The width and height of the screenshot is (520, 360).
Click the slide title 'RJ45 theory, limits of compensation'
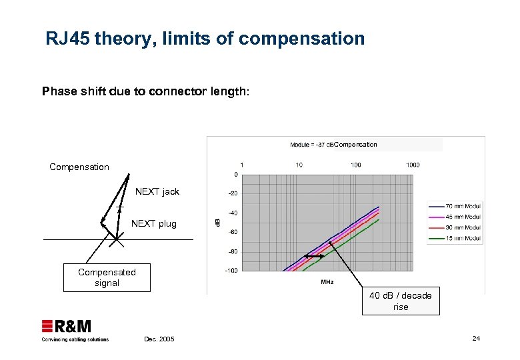pos(205,39)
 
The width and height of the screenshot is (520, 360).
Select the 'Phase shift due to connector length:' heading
pos(146,92)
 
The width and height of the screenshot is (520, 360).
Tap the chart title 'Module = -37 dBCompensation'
pos(333,145)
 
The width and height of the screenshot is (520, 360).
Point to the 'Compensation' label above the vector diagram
pos(79,167)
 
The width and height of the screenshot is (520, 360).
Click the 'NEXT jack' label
pos(157,191)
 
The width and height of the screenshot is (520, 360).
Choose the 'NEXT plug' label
pos(154,223)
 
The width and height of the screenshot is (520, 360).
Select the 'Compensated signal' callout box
pos(107,277)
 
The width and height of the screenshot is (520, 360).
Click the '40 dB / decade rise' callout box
pos(401,301)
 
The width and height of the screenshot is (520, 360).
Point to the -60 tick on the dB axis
pos(232,232)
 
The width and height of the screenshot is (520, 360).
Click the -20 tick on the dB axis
pos(232,193)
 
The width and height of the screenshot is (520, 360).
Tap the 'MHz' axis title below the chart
pos(327,282)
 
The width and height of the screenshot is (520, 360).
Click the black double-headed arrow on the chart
pos(314,256)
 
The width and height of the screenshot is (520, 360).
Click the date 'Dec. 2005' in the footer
pos(159,339)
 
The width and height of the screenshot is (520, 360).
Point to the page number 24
pos(476,339)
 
